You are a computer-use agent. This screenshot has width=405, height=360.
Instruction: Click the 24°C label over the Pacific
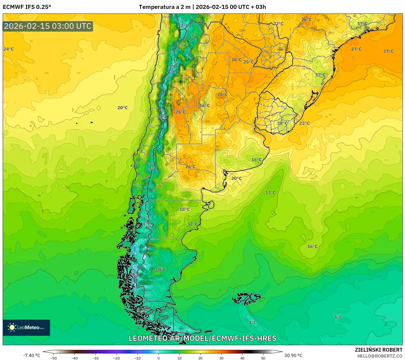(x=9, y=49)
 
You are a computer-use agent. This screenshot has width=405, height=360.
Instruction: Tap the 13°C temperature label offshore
(x=270, y=193)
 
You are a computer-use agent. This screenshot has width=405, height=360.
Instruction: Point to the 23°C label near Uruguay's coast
(x=304, y=123)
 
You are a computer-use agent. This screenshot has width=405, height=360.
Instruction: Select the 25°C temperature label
(x=248, y=62)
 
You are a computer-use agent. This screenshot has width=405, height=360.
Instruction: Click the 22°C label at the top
(x=279, y=24)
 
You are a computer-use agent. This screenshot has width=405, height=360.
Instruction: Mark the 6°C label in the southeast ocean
(x=338, y=317)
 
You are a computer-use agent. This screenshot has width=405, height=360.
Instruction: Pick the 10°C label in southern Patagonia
(x=161, y=269)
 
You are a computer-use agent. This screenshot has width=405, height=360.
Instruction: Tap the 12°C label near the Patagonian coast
(x=192, y=224)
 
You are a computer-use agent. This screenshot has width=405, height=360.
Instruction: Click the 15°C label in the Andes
(x=182, y=45)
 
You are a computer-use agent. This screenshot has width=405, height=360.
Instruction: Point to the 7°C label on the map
(x=153, y=169)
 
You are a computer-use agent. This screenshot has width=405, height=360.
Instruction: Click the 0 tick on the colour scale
(x=159, y=358)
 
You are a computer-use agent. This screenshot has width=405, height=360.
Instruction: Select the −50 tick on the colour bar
(x=54, y=358)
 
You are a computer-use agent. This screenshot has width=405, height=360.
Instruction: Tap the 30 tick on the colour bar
(x=221, y=358)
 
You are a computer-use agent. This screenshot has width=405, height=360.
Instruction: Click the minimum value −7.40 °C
(x=31, y=355)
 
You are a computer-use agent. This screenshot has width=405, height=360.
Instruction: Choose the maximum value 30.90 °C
(x=293, y=355)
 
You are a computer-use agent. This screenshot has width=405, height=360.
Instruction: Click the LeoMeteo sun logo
(x=12, y=327)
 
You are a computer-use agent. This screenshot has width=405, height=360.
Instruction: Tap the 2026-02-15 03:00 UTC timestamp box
(x=48, y=26)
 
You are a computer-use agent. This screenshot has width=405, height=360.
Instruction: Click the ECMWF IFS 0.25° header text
(x=27, y=7)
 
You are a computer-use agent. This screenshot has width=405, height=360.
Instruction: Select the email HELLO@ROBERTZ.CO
(x=380, y=356)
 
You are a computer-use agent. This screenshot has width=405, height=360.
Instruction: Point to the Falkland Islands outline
(x=246, y=298)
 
